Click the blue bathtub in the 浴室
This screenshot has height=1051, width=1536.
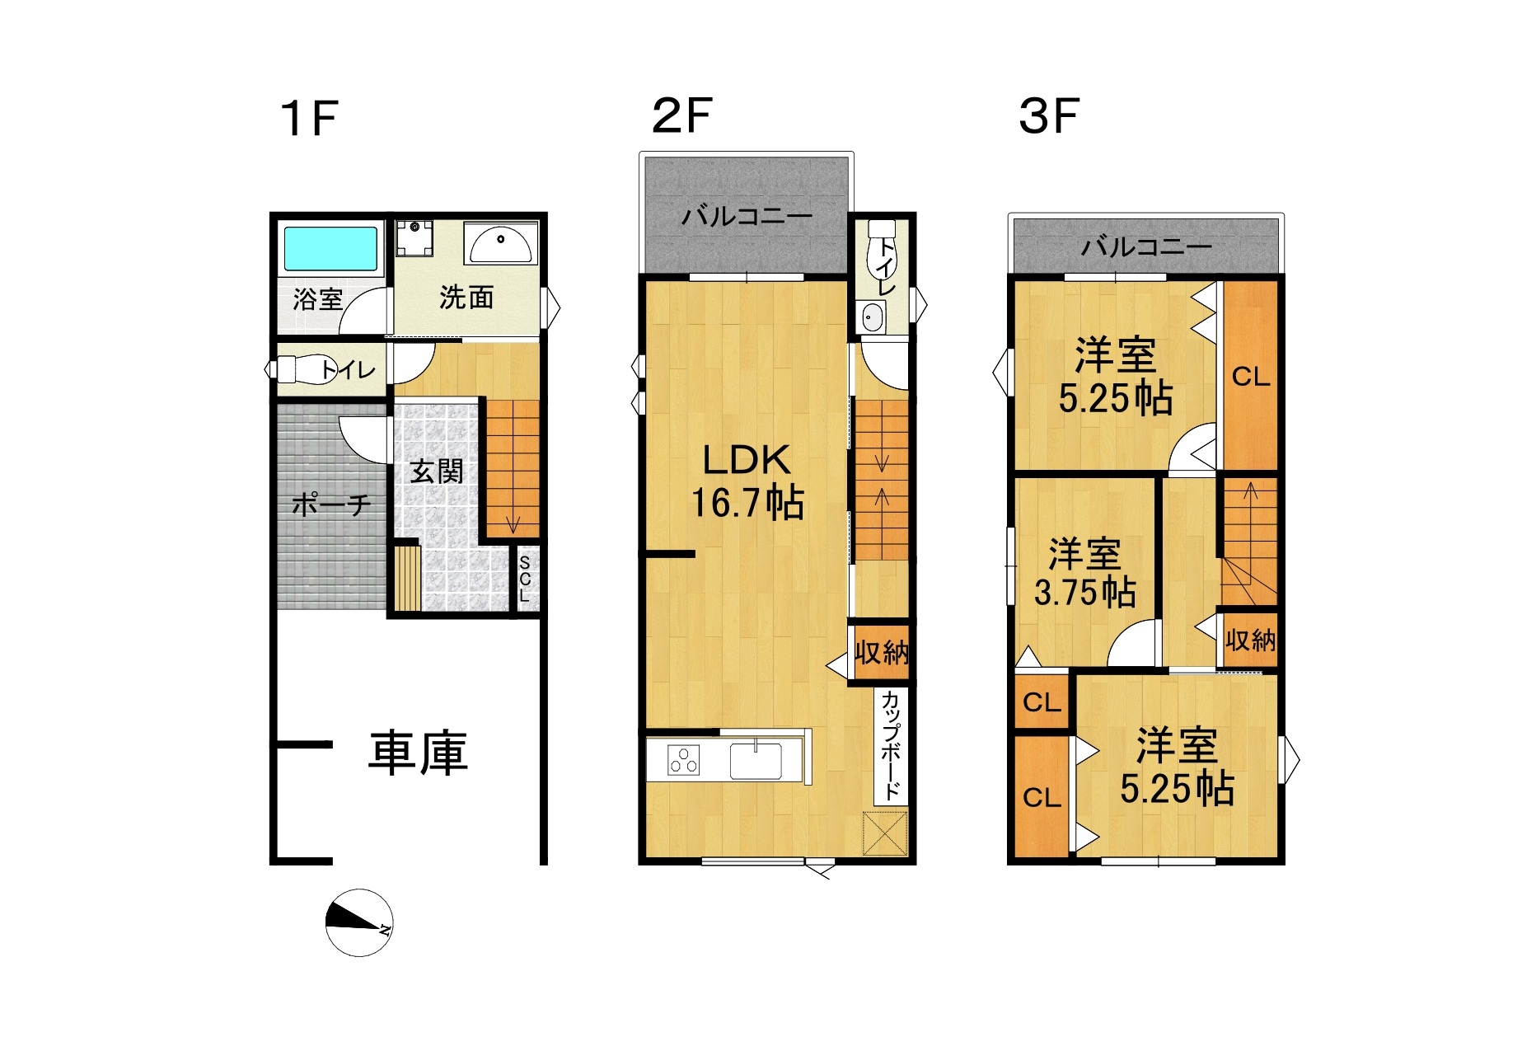330,248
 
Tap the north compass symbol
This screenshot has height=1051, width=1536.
359,922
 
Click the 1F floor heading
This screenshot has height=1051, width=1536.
309,118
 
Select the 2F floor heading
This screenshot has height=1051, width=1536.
681,115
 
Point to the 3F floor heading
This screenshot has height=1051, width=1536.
1048,115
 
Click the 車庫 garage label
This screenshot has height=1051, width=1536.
418,753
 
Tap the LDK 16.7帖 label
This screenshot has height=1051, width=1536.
747,481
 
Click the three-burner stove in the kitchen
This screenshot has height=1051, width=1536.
684,759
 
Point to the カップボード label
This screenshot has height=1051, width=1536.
891,745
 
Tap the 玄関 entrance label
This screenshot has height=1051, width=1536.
437,472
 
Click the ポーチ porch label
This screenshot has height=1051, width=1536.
331,504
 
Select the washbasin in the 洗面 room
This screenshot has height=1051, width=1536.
500,242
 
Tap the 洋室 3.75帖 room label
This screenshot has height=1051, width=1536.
1084,573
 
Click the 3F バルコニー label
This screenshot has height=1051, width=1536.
1146,246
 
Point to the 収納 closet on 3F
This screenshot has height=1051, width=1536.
1249,639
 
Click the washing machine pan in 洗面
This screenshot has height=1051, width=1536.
415,238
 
